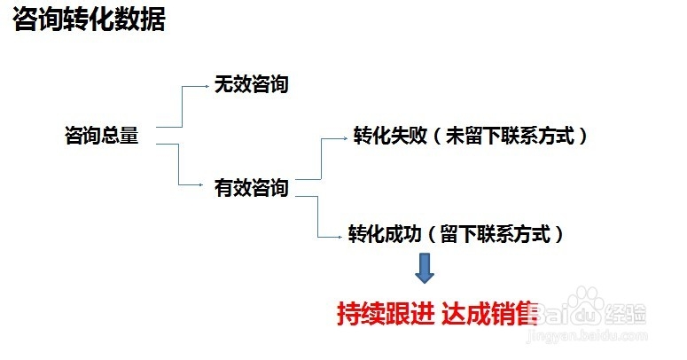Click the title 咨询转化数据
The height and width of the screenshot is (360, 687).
89,20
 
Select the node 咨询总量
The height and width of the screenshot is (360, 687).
102,136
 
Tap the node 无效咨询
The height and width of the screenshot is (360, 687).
251,85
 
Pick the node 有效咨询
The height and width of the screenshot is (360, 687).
251,188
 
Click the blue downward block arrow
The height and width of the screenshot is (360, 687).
425,268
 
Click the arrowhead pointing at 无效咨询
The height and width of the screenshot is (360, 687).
207,86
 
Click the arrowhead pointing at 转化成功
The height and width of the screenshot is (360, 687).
343,236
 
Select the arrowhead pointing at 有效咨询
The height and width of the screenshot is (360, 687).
207,185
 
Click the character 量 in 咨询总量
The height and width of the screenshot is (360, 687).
129,136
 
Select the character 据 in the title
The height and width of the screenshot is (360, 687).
152,20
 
